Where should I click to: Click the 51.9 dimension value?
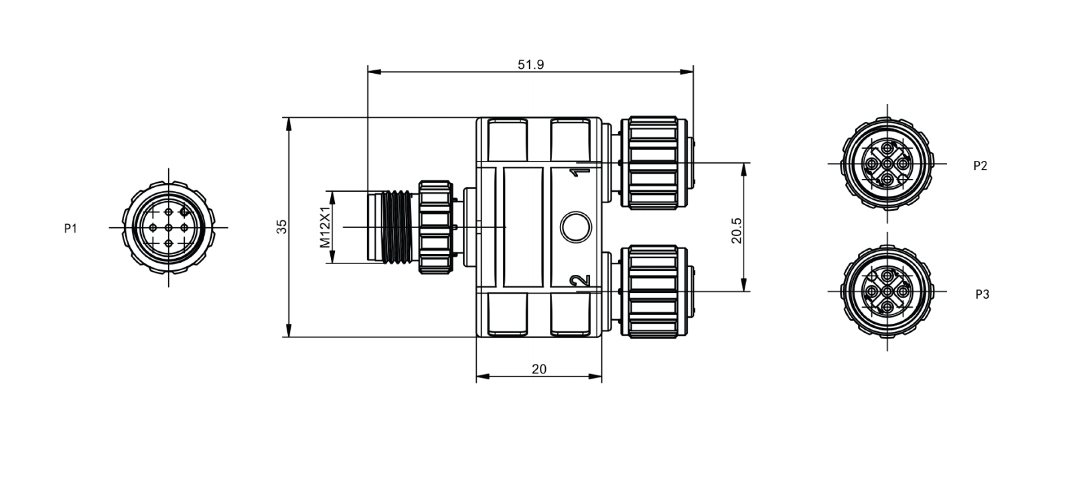[x=530, y=65]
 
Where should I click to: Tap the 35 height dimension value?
[x=282, y=227]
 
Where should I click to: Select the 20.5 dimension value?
[x=737, y=231]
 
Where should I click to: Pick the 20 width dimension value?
[x=538, y=369]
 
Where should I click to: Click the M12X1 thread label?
[x=325, y=227]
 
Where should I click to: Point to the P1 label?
[x=70, y=228]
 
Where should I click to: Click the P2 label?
[x=980, y=166]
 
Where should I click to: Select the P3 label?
[x=982, y=294]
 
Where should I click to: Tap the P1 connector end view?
[x=169, y=227]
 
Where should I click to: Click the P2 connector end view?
[x=887, y=164]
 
